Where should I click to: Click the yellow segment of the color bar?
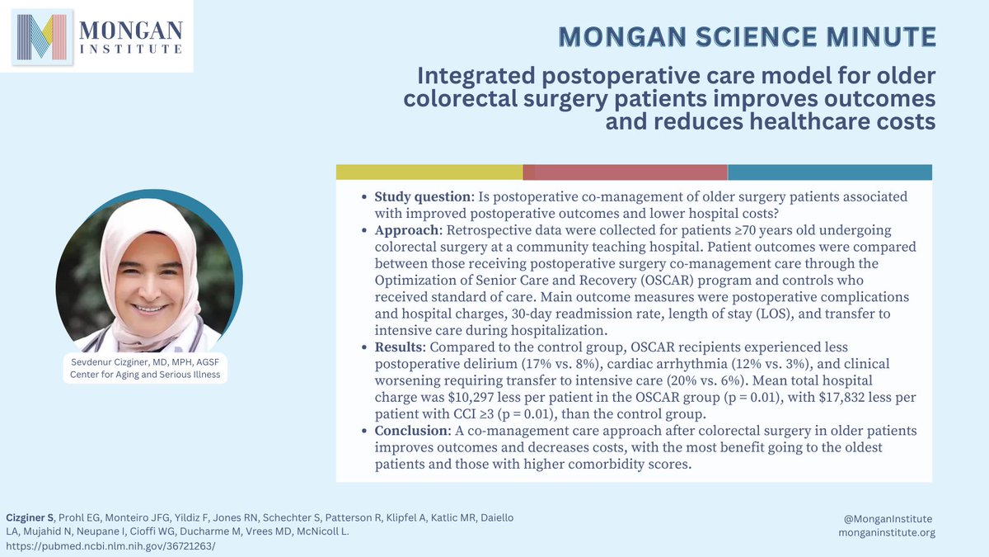[429, 172]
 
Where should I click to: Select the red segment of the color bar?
[625, 172]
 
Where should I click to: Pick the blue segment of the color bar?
[829, 172]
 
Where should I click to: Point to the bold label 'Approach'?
[404, 229]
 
